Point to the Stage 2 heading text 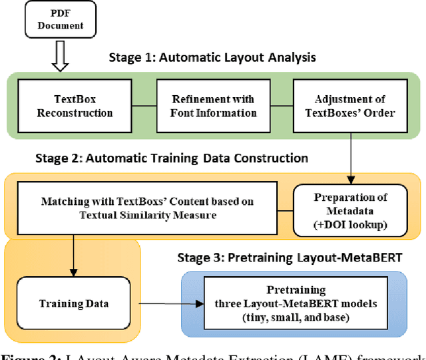(170, 158)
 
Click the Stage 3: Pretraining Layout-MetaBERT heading (290, 258)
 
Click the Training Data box (74, 303)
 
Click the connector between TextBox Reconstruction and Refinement (143, 106)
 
